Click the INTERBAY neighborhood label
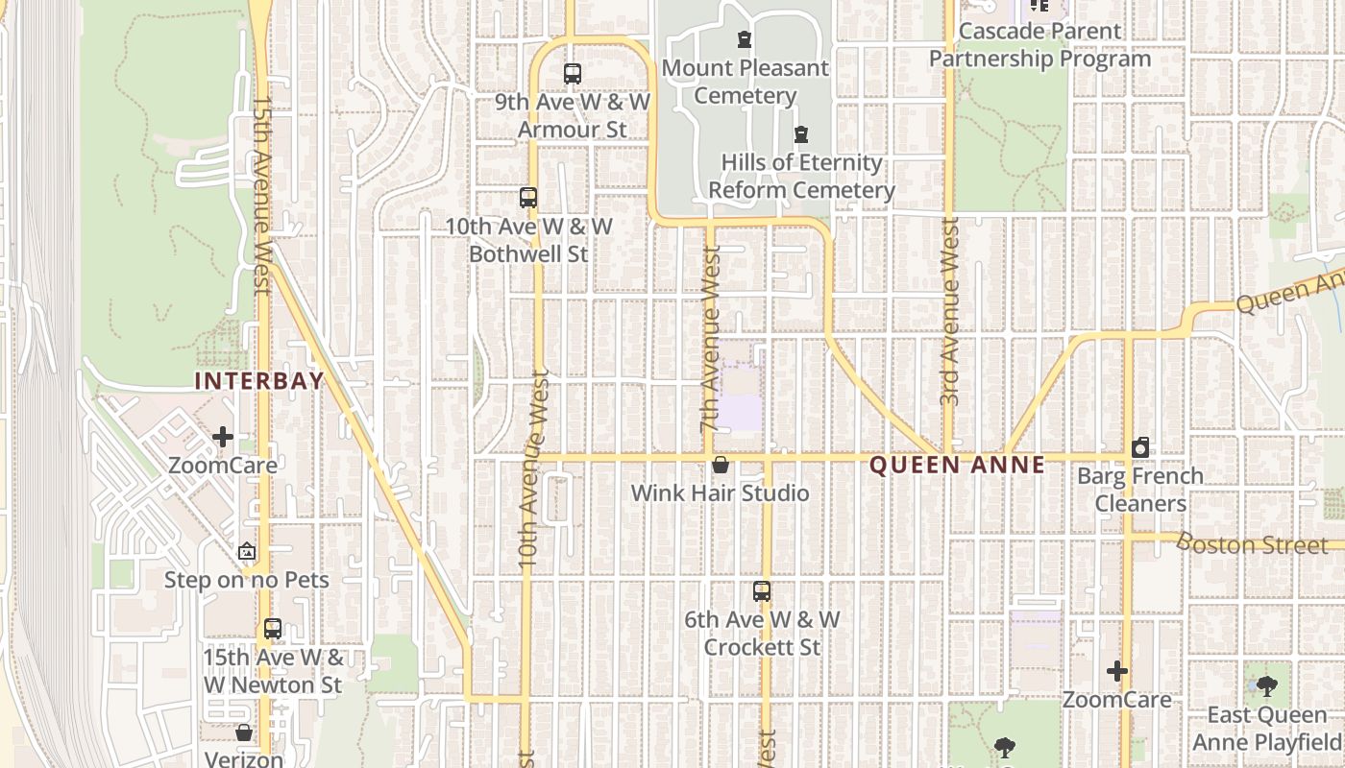click(x=258, y=381)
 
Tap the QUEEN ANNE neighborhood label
click(x=957, y=466)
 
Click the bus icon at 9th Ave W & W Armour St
click(x=573, y=73)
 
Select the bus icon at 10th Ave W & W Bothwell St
click(x=528, y=198)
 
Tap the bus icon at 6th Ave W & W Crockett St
click(x=762, y=591)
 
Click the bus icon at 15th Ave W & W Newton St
click(x=273, y=629)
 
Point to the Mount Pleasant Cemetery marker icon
click(x=745, y=39)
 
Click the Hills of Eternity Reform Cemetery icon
click(x=801, y=134)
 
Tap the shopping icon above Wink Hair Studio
click(x=721, y=465)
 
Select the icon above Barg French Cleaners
click(x=1140, y=447)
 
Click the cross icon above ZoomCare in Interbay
click(x=223, y=437)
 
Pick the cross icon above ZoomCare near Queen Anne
click(x=1116, y=671)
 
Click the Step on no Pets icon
click(x=247, y=552)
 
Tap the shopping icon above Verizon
click(x=244, y=732)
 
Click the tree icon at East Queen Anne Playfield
click(x=1267, y=685)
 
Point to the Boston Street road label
click(x=1252, y=544)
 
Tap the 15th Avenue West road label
click(x=261, y=192)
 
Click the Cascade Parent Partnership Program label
click(x=1039, y=44)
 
